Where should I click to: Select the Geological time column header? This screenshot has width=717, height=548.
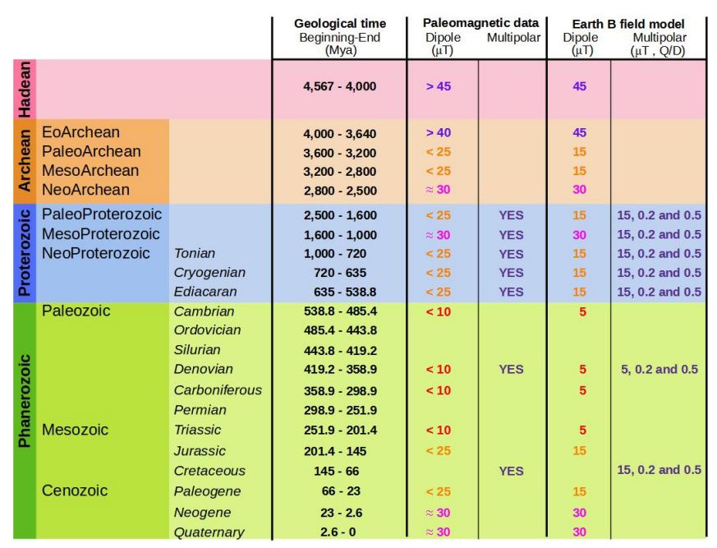[x=339, y=24]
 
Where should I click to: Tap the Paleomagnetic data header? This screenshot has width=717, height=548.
[x=480, y=24]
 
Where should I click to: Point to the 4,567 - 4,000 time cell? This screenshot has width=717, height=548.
[x=339, y=86]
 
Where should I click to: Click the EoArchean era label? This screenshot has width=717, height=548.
[x=80, y=132]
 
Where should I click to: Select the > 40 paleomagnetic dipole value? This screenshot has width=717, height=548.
[x=438, y=132]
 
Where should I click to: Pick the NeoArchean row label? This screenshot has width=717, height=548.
[x=85, y=190]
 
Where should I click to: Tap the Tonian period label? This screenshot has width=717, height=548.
[x=195, y=254]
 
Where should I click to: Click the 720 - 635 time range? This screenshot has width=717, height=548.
[x=339, y=273]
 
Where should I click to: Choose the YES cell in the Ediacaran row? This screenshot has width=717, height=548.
[x=511, y=292]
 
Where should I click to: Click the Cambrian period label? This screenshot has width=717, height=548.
[x=204, y=311]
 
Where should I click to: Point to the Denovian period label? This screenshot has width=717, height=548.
[x=203, y=370]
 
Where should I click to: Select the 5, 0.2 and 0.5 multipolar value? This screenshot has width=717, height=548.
[x=660, y=370]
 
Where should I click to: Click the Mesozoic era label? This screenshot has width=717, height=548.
[x=75, y=430]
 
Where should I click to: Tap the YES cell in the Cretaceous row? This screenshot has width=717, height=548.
[x=511, y=471]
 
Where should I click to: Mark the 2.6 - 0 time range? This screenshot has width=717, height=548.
[x=339, y=532]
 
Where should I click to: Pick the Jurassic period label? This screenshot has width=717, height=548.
[x=199, y=451]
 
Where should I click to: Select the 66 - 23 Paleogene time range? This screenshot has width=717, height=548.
[x=339, y=491]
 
